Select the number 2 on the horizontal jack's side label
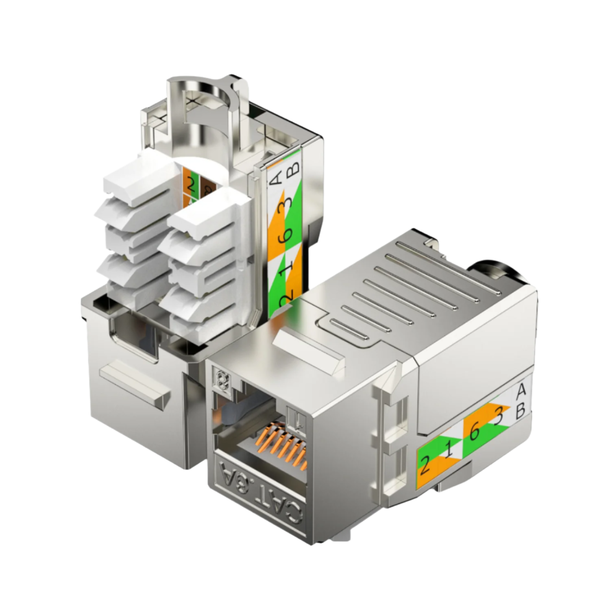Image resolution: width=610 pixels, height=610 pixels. pos(425,465)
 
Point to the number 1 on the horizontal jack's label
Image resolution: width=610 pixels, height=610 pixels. pos(448,450)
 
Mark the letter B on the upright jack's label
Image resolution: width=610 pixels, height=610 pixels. pos(294,168)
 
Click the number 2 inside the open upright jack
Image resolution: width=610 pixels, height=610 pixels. pos(190,186)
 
